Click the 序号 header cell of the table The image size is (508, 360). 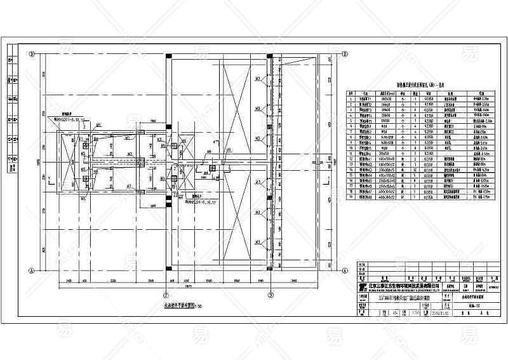[351, 93]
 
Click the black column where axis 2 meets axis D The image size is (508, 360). [166, 55]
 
